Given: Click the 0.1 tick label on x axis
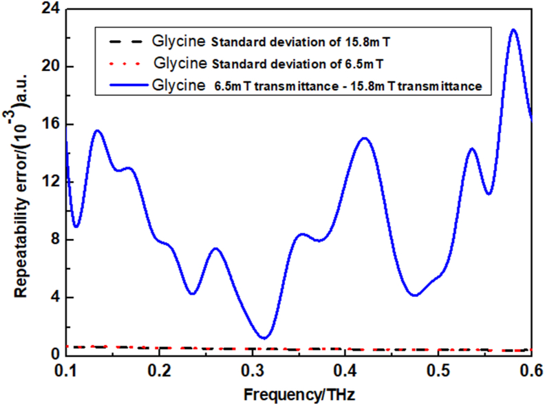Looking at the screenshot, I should pyautogui.click(x=66, y=371).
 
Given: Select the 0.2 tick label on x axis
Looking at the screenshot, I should pyautogui.click(x=159, y=371).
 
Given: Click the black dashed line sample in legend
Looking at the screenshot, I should pyautogui.click(x=121, y=41).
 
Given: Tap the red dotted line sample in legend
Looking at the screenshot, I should pyautogui.click(x=121, y=64).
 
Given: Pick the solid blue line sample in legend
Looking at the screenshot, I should pyautogui.click(x=121, y=86).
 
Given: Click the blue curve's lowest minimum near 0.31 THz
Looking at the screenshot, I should pyautogui.click(x=264, y=337).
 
